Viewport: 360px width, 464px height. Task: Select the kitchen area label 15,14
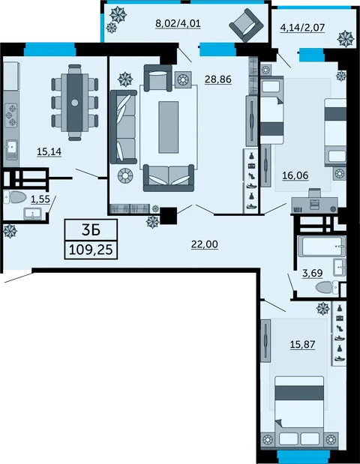48,151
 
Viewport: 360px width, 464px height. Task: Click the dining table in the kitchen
76,102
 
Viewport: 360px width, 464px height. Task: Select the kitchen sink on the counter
10,148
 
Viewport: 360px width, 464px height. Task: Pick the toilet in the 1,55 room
13,198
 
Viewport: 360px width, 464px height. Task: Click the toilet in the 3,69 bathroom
324,287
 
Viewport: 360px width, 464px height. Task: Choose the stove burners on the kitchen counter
10,114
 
